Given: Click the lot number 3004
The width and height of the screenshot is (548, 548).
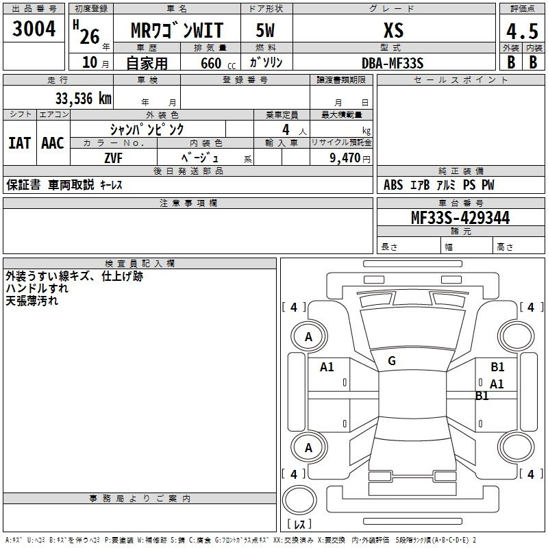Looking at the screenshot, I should (34, 29).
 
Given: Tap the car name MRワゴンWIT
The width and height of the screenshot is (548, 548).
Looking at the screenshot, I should (177, 31).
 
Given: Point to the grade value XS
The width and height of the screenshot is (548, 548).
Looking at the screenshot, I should (393, 31).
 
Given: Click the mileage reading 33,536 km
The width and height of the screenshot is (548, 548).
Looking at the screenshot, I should (83, 99).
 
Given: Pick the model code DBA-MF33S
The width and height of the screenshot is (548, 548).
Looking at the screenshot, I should (393, 62).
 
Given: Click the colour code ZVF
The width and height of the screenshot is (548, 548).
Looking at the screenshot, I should (114, 158).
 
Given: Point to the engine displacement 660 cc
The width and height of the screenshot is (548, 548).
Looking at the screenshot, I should (206, 63).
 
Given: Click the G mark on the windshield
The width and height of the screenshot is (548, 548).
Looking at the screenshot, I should (392, 361).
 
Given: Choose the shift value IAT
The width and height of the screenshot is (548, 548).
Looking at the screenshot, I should (19, 143).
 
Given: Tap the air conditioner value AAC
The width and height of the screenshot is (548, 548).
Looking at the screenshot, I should (53, 143).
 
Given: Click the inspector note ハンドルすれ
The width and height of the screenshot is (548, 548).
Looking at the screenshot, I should (32, 289).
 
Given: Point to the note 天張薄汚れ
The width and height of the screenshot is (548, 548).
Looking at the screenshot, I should (32, 301).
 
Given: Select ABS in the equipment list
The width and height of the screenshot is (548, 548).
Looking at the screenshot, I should (393, 185).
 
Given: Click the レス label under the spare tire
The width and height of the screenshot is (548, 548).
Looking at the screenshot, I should (299, 525).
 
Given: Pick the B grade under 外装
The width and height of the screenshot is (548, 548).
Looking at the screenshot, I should (510, 62).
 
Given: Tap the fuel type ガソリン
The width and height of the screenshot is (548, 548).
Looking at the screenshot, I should (266, 62).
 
